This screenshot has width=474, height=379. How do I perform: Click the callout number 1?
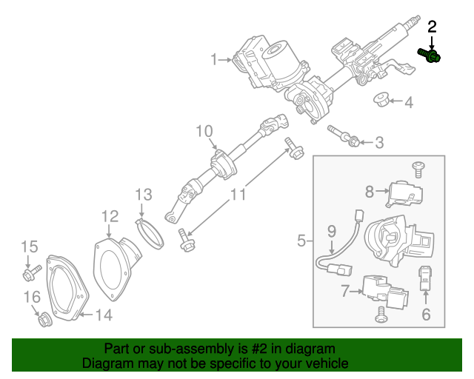[x=214, y=58]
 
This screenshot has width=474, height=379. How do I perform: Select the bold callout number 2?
[x=433, y=28]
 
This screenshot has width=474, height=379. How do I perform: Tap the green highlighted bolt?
[x=430, y=53]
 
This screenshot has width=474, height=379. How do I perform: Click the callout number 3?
[x=379, y=142]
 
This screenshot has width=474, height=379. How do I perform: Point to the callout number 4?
[x=409, y=102]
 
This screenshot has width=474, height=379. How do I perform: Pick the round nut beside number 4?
[x=382, y=98]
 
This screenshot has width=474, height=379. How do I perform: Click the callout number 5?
[x=301, y=240]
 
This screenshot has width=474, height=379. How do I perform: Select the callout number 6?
[x=426, y=315]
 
